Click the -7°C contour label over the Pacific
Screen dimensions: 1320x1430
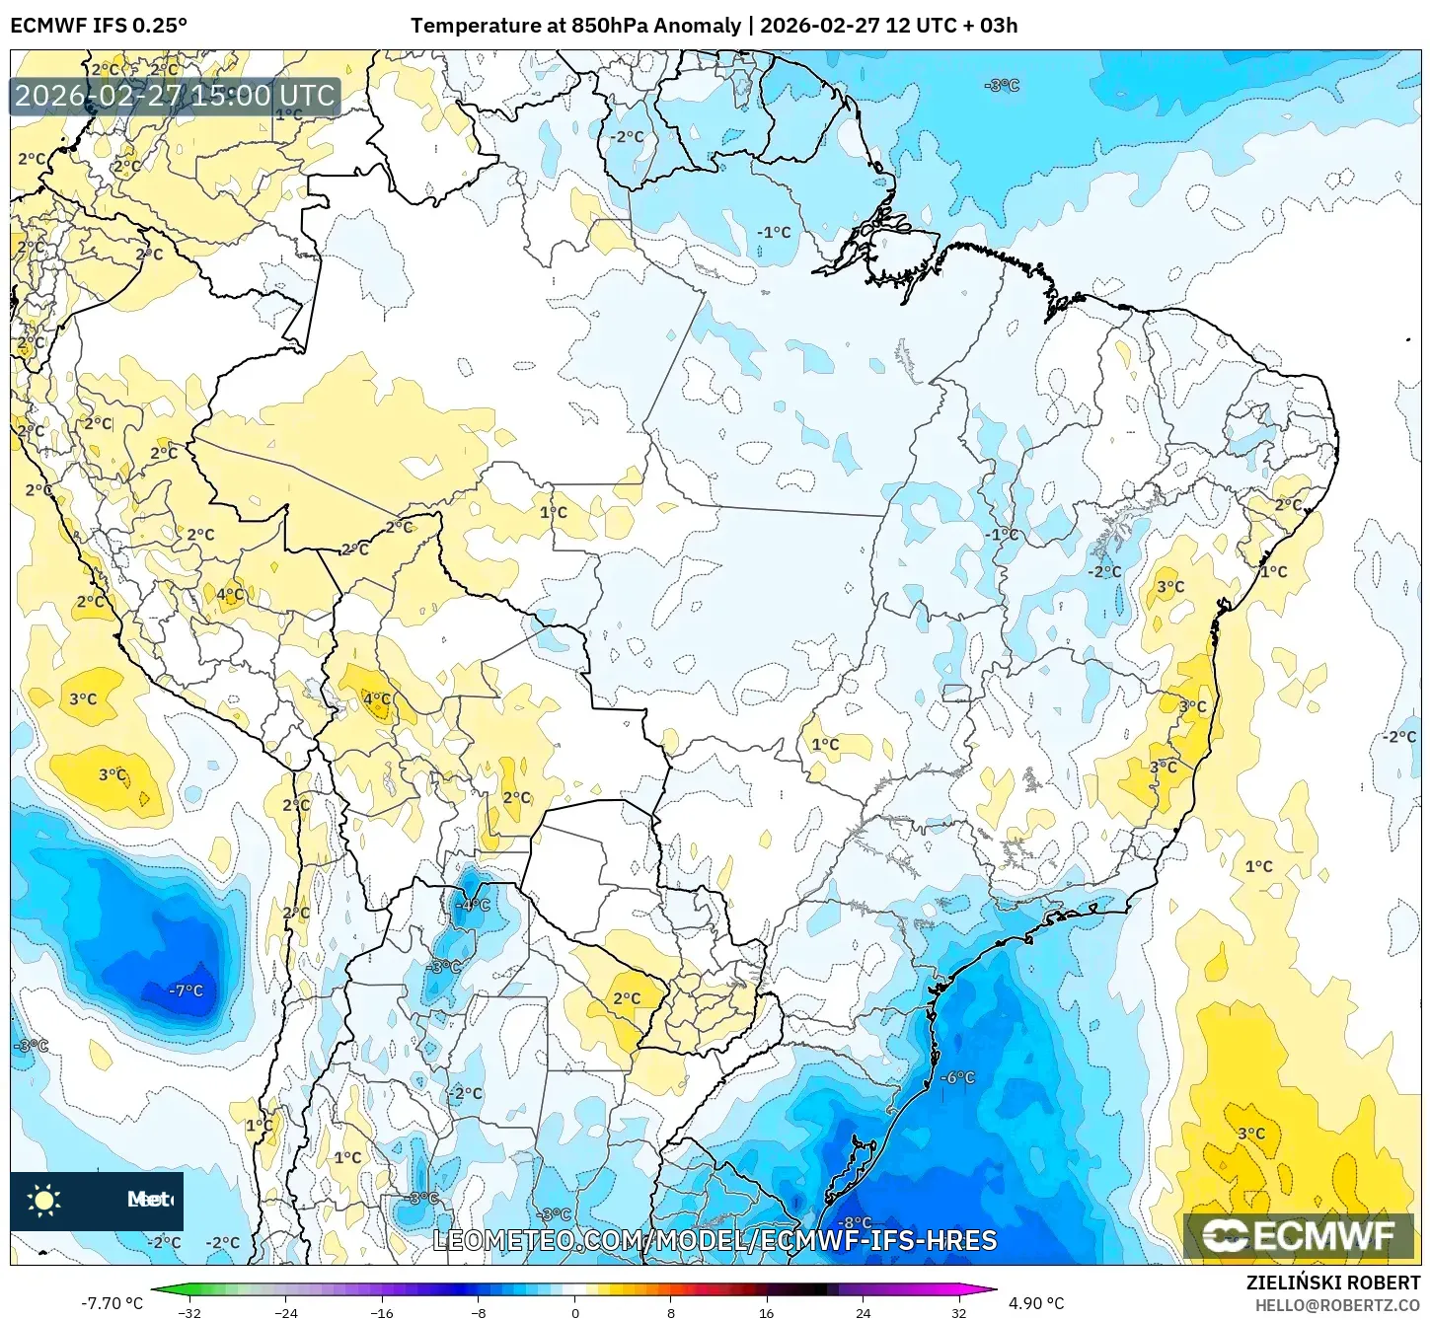[186, 990]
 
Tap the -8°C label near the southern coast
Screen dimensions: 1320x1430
[855, 1223]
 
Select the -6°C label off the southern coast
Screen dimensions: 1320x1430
[956, 1077]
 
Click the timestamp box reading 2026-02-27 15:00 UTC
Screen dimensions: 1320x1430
[175, 96]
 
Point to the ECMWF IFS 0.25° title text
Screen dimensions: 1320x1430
[99, 26]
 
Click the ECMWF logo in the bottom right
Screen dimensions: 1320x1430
[1298, 1235]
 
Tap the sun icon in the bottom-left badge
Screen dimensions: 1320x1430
[44, 1200]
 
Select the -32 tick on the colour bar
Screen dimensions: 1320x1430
[188, 1312]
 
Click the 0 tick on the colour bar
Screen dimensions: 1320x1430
[575, 1312]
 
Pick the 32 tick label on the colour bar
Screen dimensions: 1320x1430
[959, 1312]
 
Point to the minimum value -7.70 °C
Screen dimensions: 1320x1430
[112, 1303]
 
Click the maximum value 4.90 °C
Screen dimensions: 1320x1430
[1036, 1303]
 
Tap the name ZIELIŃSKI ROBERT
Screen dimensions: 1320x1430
[1332, 1283]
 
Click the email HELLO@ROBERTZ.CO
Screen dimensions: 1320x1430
[1337, 1305]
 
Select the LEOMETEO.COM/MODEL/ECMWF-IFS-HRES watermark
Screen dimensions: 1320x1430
[715, 1240]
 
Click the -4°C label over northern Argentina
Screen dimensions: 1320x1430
[472, 905]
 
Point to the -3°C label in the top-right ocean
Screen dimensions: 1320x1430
[1002, 86]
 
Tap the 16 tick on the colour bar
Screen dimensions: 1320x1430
[766, 1312]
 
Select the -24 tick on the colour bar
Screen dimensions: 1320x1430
[285, 1312]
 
